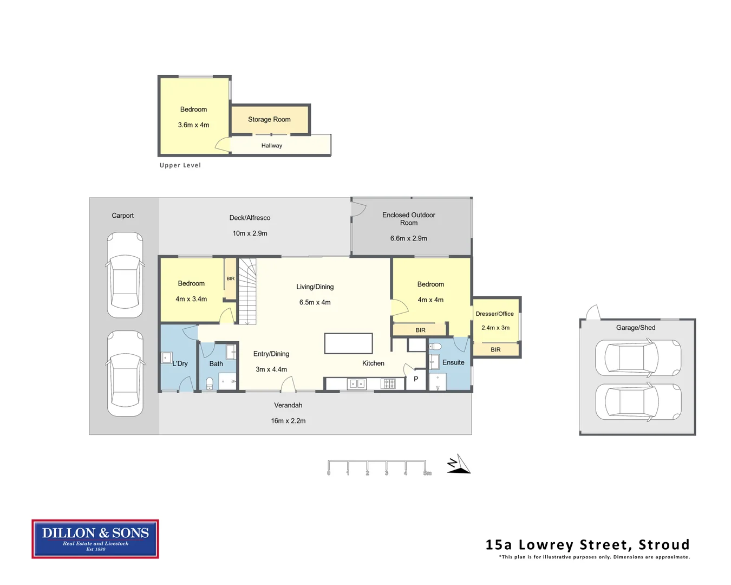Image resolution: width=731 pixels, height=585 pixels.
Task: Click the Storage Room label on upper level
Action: pos(269,119)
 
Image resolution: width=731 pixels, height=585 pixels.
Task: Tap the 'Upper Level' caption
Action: pos(180,165)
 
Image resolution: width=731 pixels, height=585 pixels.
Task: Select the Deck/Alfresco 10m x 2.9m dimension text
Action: pos(250,233)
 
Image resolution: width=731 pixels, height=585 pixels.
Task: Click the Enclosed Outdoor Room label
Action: pos(408,219)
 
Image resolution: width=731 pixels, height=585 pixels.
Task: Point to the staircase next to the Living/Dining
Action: pos(247,291)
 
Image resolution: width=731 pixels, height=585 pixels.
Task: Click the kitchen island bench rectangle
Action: pos(348,343)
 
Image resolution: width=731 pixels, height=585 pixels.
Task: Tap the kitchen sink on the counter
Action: pos(356,384)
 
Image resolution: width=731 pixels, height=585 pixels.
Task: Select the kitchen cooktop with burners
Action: pos(389,384)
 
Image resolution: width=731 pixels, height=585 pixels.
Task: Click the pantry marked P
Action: pos(416,379)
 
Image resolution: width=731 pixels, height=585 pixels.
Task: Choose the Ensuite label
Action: pos(453,362)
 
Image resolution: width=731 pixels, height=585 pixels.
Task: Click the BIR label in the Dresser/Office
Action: pos(495,350)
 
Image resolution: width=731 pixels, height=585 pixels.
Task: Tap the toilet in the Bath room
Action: pos(210,383)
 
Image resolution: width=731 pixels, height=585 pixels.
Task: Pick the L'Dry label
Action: pos(180,363)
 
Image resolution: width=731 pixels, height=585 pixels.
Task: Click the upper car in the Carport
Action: pos(125,275)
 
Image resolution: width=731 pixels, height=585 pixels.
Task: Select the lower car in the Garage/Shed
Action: pos(638,402)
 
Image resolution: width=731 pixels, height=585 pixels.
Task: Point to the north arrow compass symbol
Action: pos(459,464)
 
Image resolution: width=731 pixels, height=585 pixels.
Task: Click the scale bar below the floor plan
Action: pos(377,467)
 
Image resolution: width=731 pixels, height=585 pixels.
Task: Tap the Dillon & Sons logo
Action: pos(95,538)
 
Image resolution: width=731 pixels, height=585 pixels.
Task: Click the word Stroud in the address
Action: pos(663,544)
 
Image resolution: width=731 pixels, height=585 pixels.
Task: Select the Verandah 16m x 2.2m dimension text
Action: pos(288,421)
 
